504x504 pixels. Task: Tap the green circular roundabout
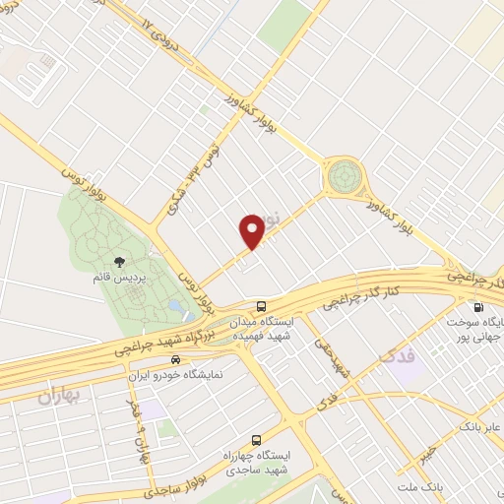pos(345,176)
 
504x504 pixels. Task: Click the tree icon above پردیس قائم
pos(120,262)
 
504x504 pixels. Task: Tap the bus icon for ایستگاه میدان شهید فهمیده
pos(260,306)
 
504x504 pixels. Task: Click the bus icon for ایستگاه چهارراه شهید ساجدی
pos(257,440)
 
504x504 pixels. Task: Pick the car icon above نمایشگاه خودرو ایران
pos(175,358)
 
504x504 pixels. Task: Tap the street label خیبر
pos(425,452)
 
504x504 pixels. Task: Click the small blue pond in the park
pos(174,307)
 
